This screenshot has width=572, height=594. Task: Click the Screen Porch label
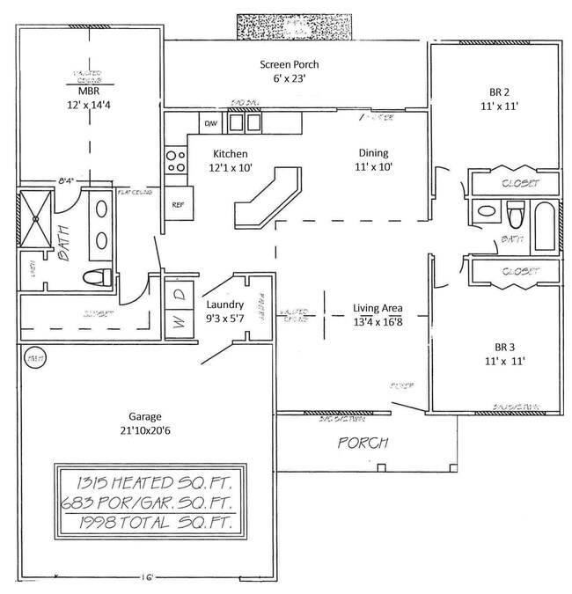click(289, 64)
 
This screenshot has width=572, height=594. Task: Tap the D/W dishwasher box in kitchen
click(210, 124)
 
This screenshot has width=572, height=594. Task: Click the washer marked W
click(176, 322)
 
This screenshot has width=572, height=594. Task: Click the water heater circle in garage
click(35, 360)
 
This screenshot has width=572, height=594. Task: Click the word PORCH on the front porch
click(363, 442)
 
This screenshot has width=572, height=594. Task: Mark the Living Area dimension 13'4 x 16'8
click(378, 321)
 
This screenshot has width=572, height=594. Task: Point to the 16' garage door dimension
click(153, 578)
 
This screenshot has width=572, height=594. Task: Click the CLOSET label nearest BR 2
click(516, 184)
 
